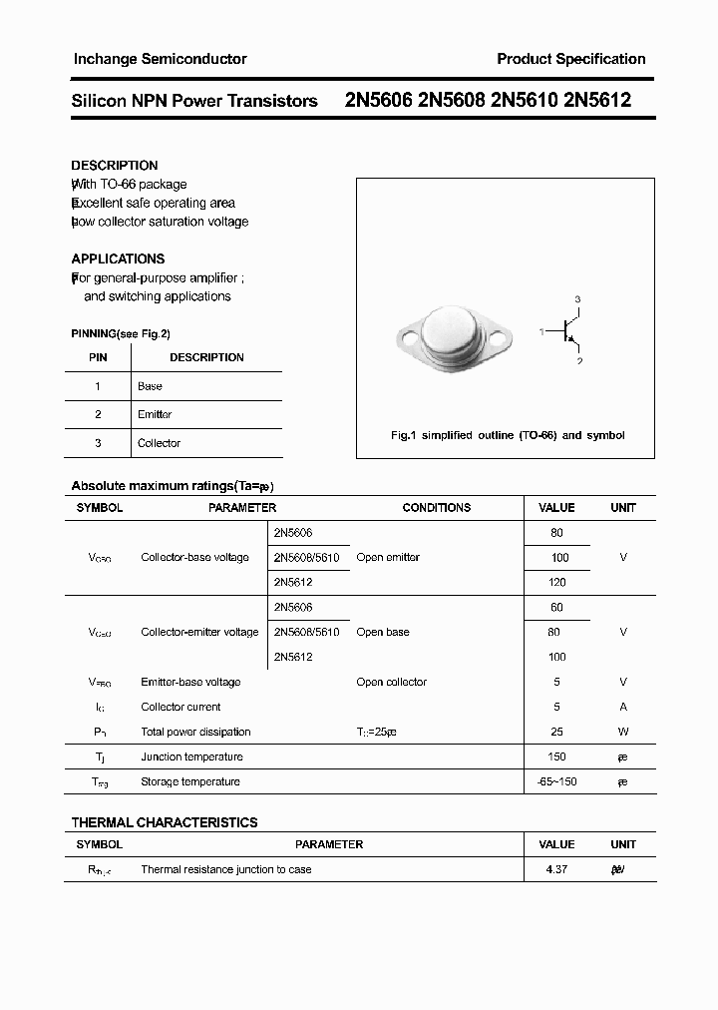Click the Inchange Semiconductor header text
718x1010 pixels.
click(160, 59)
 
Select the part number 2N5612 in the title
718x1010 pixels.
click(597, 101)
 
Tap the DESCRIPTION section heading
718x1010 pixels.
click(115, 166)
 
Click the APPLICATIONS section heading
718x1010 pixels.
click(118, 258)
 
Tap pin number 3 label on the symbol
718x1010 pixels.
click(577, 299)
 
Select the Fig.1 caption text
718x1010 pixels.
click(507, 435)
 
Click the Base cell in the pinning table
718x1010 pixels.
click(150, 386)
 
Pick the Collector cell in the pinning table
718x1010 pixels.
click(159, 443)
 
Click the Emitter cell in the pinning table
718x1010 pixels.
click(155, 414)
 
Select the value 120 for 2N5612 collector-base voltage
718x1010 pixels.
click(556, 582)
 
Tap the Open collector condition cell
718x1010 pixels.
click(391, 682)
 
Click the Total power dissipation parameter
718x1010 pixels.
click(195, 732)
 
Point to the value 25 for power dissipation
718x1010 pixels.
click(556, 732)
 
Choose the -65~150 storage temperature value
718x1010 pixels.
click(556, 781)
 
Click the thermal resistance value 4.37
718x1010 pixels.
click(556, 869)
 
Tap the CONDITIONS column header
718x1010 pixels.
click(436, 508)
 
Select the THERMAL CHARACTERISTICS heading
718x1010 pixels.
click(165, 822)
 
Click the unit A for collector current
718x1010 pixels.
click(623, 707)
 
